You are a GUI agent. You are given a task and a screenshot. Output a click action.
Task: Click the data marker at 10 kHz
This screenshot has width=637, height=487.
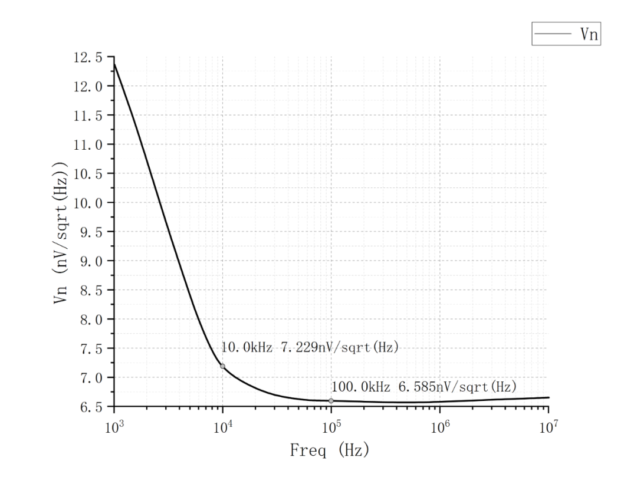click(223, 366)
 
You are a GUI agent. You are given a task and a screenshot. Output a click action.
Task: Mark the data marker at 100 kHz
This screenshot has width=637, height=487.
click(331, 401)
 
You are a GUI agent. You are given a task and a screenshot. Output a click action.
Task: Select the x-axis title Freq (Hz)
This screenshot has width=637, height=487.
click(330, 451)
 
